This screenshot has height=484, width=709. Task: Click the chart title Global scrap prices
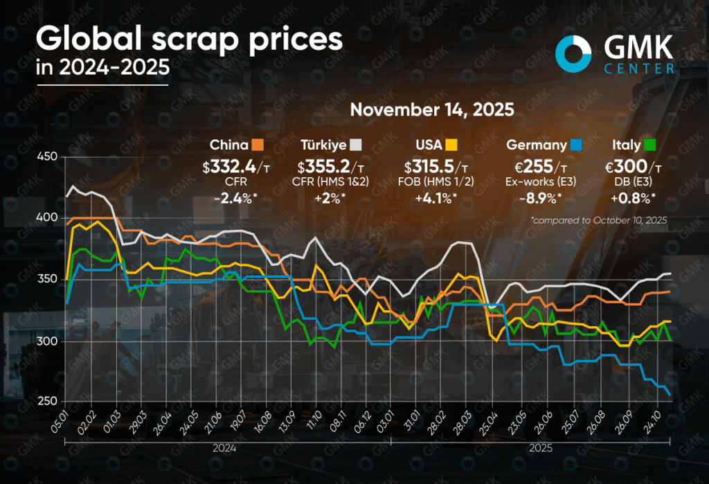(189, 40)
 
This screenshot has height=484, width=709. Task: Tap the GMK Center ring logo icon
(573, 55)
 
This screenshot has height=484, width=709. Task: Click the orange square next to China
(258, 145)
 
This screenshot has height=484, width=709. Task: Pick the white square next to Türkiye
(356, 145)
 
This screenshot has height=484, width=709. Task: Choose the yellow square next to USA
(451, 145)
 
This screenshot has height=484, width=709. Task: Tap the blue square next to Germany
(576, 145)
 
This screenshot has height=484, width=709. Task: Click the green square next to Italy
(650, 145)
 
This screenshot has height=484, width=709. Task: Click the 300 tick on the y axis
(46, 341)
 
